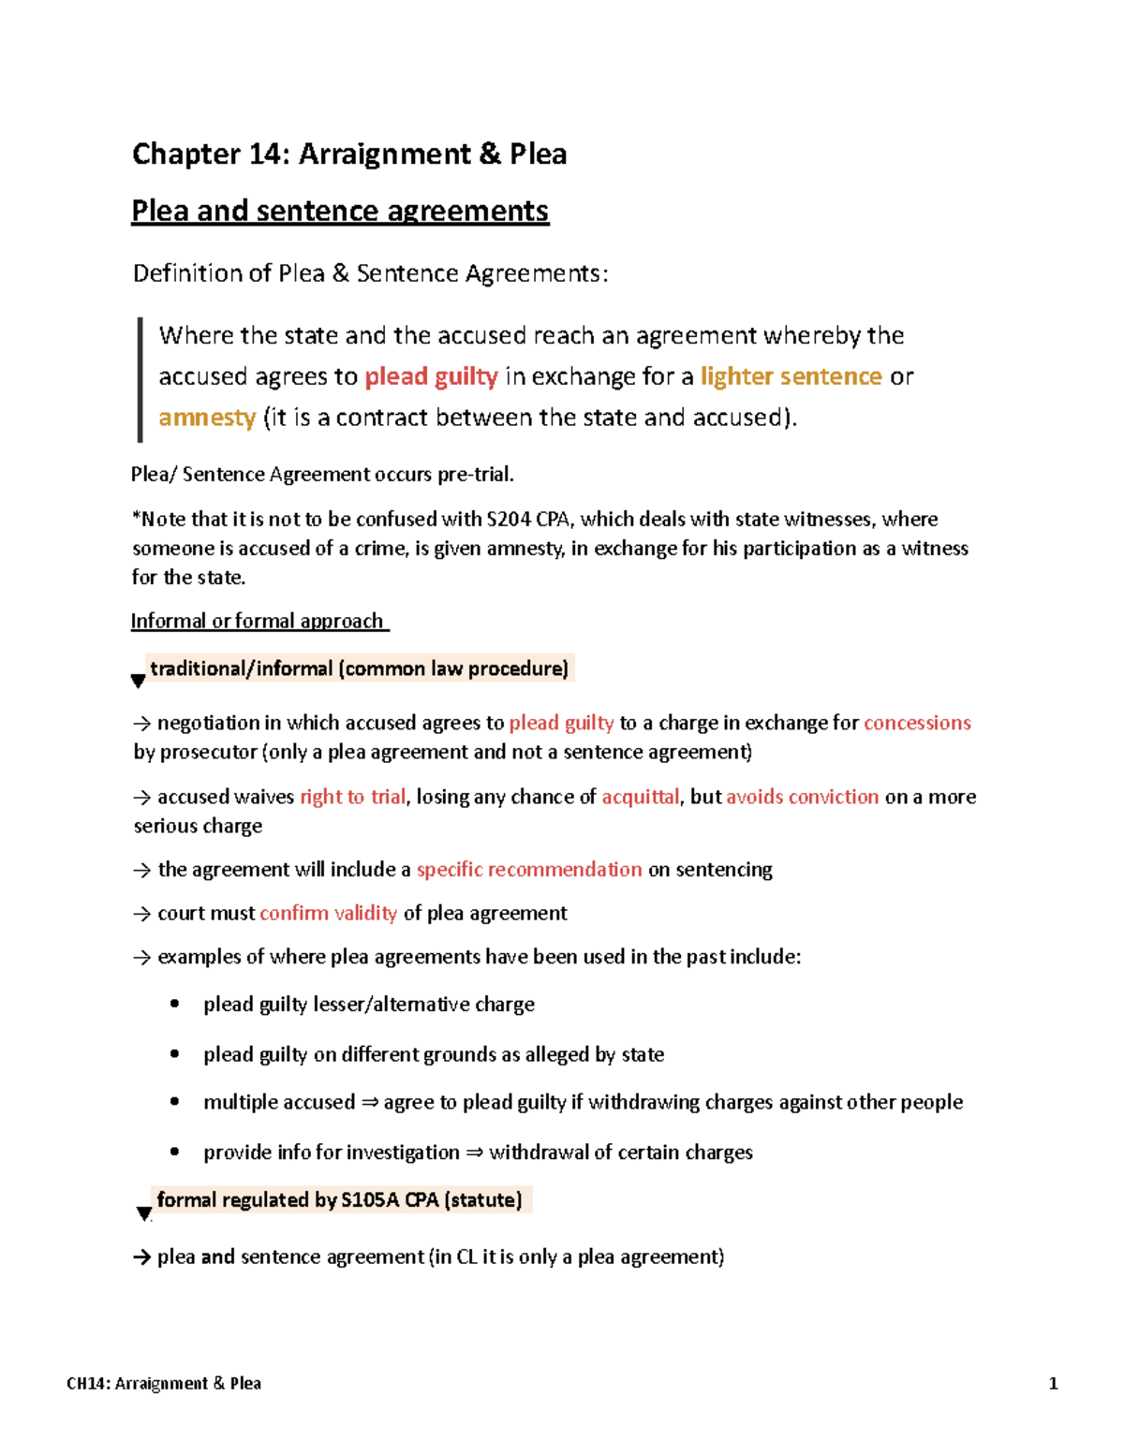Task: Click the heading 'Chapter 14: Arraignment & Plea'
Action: pos(348,154)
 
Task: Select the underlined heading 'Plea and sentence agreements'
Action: pos(339,211)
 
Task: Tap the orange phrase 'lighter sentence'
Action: pos(791,376)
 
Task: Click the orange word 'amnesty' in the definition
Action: pos(207,418)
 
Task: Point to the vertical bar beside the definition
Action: pos(140,379)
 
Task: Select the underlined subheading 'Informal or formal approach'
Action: pos(258,621)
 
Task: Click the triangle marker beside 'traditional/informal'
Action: pos(138,682)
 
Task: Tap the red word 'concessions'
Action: pos(917,723)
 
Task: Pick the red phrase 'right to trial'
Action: pos(352,797)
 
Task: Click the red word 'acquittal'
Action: pos(640,797)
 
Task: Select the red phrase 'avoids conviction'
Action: pos(802,797)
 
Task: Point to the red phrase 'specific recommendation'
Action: pos(529,870)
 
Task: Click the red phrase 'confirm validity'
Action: pos(328,914)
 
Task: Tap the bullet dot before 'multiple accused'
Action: pos(175,1102)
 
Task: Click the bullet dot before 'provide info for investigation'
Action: pos(175,1153)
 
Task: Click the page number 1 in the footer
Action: pos(1053,1384)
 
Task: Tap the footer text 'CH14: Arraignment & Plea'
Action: pos(164,1384)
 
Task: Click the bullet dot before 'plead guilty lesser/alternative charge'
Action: pos(175,1005)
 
